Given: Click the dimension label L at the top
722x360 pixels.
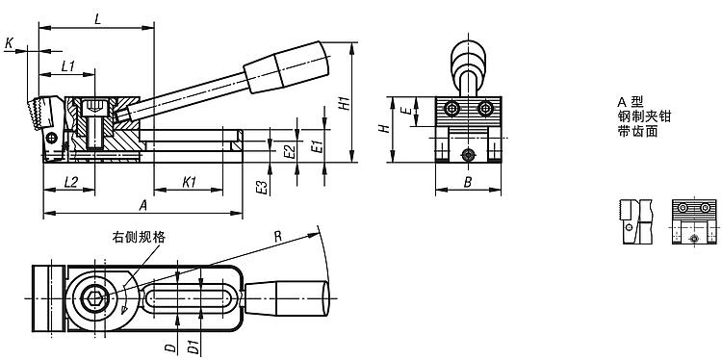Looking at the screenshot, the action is tap(97, 19).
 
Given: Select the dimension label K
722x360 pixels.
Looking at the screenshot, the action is tap(10, 43).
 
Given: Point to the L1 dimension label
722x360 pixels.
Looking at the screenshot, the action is tap(68, 66).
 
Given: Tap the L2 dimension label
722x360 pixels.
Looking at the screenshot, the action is tap(71, 182).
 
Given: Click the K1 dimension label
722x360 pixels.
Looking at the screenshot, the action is tap(190, 182).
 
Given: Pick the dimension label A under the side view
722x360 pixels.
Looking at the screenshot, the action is tap(143, 206).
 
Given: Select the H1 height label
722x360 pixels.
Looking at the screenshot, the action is tap(343, 104).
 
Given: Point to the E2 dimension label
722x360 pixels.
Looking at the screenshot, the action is tap(289, 151).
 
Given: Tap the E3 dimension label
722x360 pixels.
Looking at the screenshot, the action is tap(261, 188).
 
